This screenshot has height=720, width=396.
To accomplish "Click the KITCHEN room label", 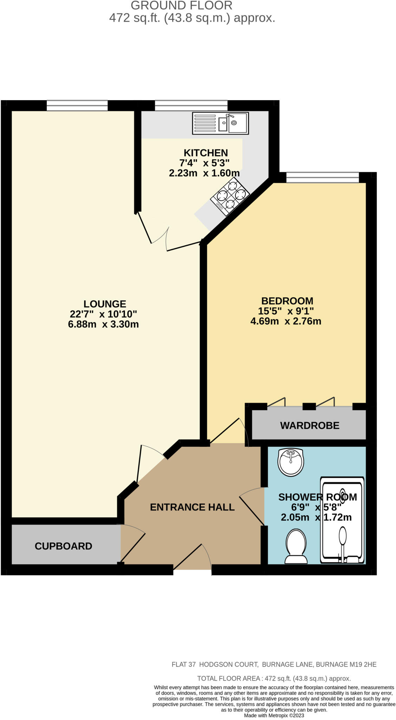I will pyautogui.click(x=206, y=153).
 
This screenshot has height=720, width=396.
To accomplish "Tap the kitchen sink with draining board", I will pyautogui.click(x=220, y=123).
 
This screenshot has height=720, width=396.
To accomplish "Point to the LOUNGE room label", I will pyautogui.click(x=105, y=304).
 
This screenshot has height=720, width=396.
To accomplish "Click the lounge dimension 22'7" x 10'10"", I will pyautogui.click(x=103, y=314).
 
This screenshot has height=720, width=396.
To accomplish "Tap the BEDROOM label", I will pyautogui.click(x=287, y=301).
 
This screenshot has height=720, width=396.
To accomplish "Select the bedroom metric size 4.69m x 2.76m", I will pyautogui.click(x=286, y=321).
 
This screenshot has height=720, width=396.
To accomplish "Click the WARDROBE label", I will pyautogui.click(x=310, y=426).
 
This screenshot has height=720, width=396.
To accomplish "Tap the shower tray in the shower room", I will pyautogui.click(x=342, y=520).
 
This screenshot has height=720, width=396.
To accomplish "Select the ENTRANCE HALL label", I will pyautogui.click(x=192, y=507).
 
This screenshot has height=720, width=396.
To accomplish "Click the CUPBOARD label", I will pyautogui.click(x=63, y=546).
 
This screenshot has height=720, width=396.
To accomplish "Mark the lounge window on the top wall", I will pyautogui.click(x=77, y=105).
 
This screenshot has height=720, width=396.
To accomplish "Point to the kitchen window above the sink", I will pyautogui.click(x=191, y=105).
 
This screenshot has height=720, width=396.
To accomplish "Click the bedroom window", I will pyautogui.click(x=322, y=178).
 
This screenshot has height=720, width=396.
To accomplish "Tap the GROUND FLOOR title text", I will pyautogui.click(x=181, y=6).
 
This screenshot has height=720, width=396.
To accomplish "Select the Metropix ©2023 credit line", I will pyautogui.click(x=274, y=715).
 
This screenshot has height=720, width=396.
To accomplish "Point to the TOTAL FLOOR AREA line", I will pyautogui.click(x=274, y=679).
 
